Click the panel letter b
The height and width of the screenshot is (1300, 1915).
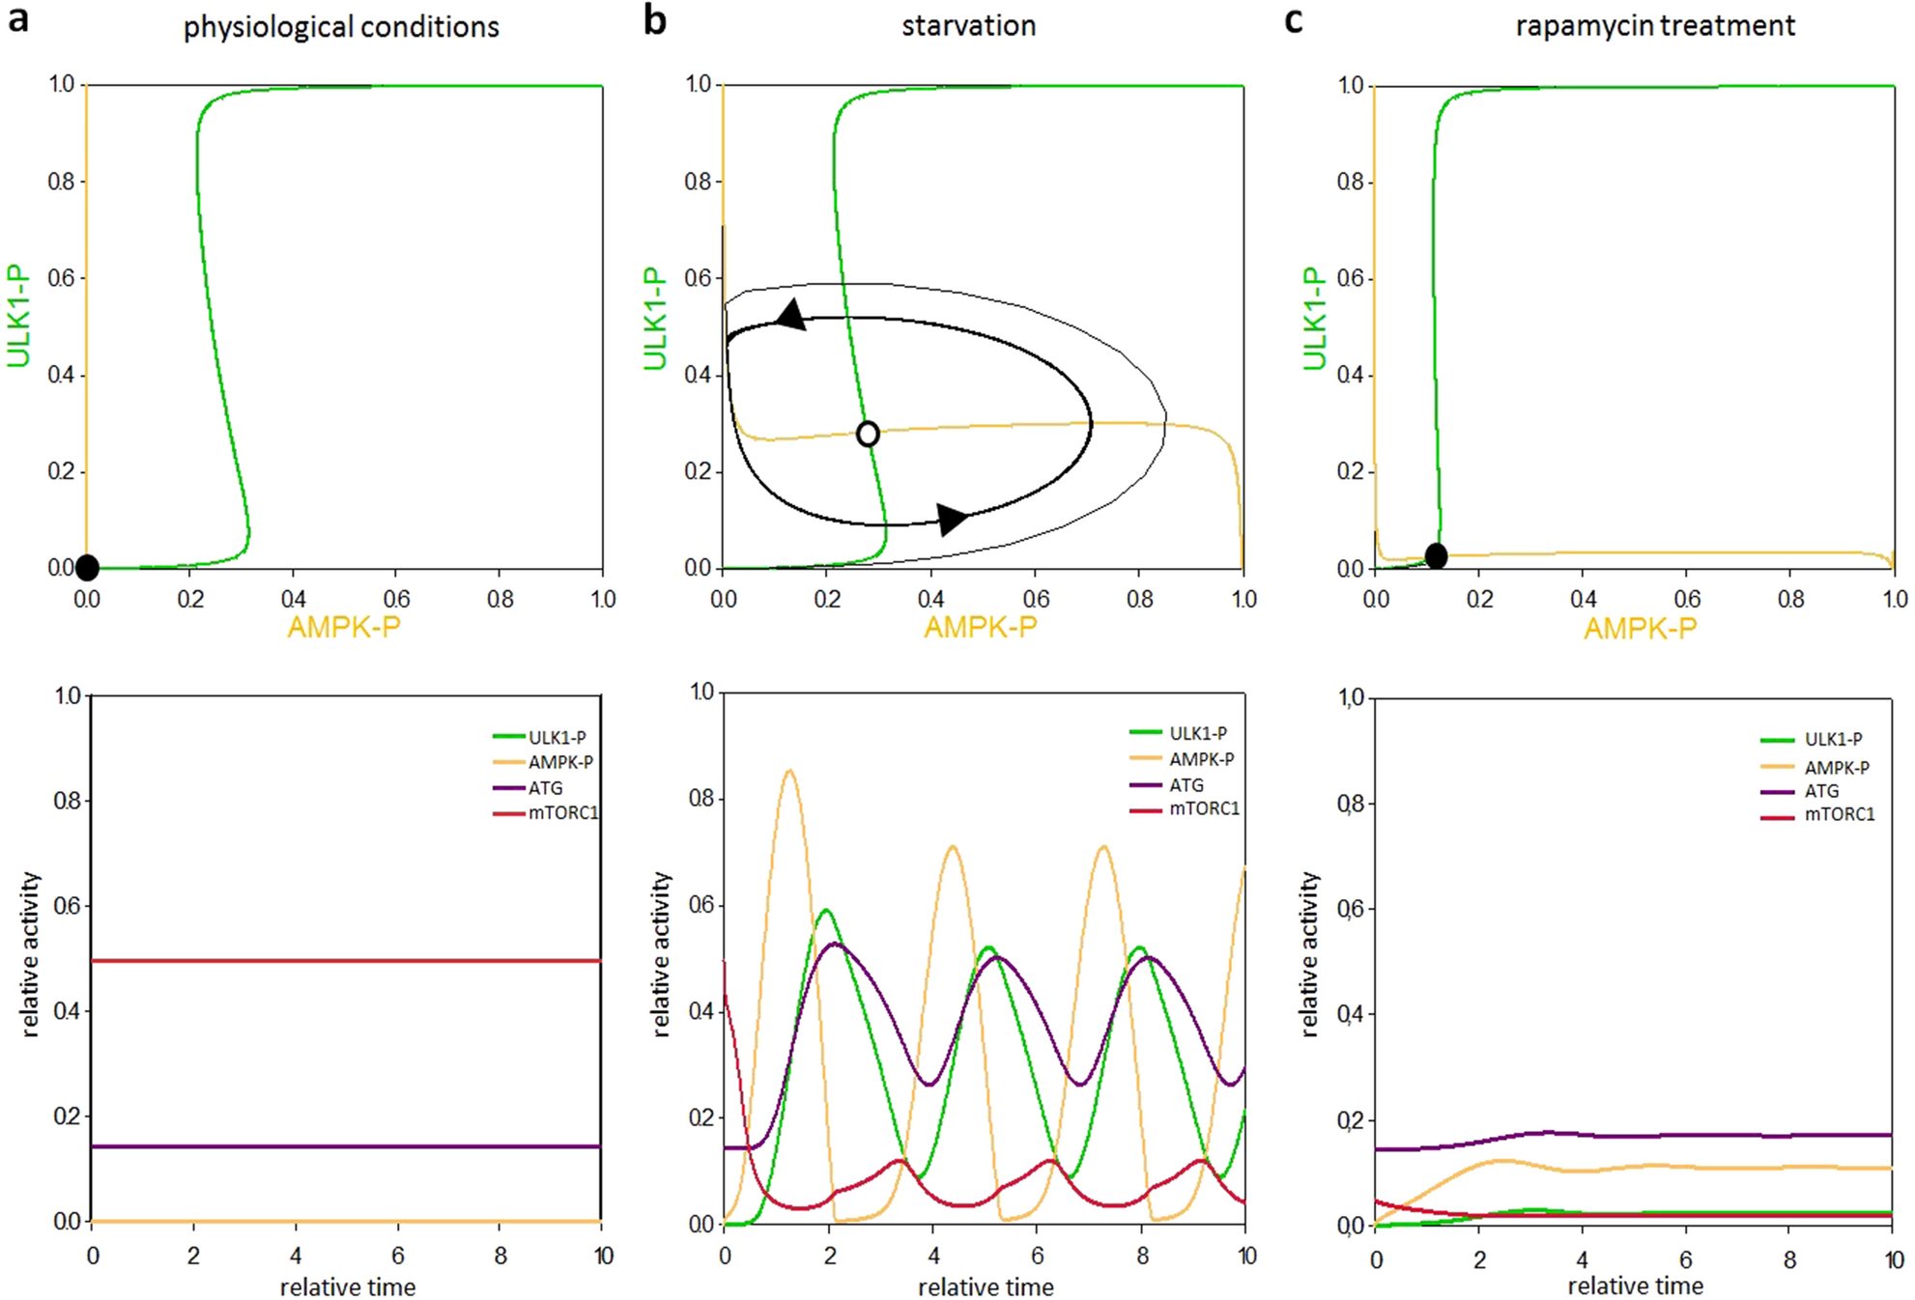point(654,21)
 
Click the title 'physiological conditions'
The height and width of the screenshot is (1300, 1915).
point(341,27)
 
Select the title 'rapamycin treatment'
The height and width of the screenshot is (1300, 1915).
point(1654,25)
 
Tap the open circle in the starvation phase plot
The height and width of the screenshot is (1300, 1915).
point(868,434)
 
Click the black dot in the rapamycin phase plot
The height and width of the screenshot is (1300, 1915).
point(1436,555)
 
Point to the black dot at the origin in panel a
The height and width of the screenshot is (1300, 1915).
point(87,567)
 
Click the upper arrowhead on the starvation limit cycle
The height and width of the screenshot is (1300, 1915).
point(791,315)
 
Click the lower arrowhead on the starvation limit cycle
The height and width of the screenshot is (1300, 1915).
point(952,519)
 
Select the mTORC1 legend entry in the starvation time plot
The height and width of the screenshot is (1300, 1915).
point(1203,808)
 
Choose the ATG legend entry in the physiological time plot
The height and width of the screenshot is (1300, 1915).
point(545,788)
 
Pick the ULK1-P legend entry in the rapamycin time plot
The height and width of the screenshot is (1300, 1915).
point(1833,739)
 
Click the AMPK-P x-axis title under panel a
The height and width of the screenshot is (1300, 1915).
point(344,628)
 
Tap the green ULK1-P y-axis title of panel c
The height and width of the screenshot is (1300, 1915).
point(1314,319)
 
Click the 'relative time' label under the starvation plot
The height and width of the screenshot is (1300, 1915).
point(985,1286)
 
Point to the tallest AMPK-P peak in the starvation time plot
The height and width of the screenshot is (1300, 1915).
point(790,771)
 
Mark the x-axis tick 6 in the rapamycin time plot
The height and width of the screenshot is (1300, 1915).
point(1685,1259)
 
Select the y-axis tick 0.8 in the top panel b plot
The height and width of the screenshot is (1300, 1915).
point(698,182)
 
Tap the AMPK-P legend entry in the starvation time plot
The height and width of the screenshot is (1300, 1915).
point(1201,759)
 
